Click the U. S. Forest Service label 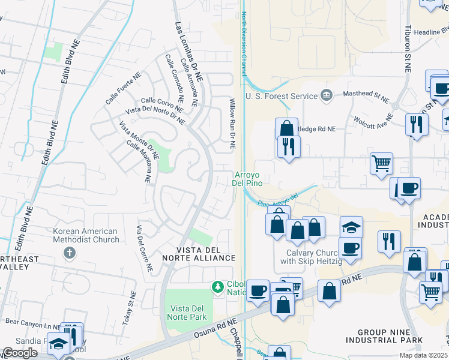[281, 96]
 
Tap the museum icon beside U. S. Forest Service [326, 95]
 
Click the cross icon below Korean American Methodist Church [70, 253]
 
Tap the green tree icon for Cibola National [217, 287]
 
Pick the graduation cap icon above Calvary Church [351, 227]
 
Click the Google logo [20, 353]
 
